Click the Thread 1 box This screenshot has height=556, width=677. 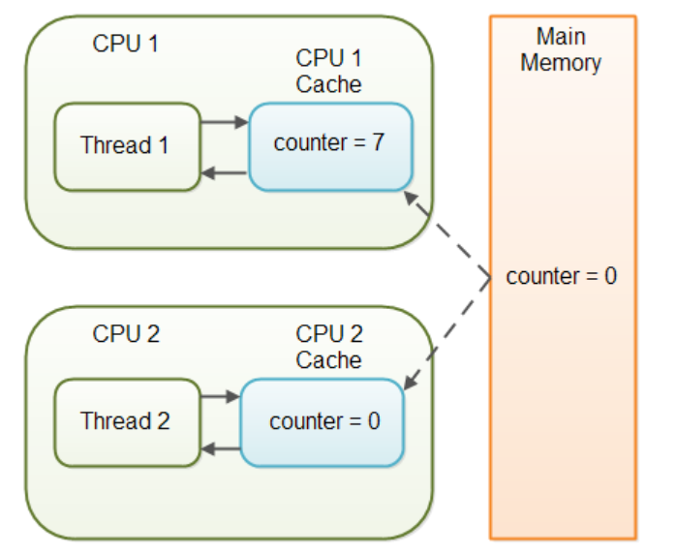click(x=127, y=146)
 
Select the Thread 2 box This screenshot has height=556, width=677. click(x=126, y=421)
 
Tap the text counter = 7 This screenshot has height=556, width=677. click(x=329, y=143)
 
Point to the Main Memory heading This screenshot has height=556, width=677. click(x=561, y=50)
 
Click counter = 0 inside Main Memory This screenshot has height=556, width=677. click(x=561, y=277)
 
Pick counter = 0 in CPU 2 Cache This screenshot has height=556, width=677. click(x=324, y=422)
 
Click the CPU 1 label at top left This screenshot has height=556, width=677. click(x=126, y=44)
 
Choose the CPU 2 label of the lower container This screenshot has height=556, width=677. click(x=126, y=335)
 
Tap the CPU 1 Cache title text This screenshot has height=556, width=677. click(x=329, y=71)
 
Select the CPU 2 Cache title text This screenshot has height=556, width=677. click(x=329, y=348)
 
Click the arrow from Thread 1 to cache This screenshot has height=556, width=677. click(x=225, y=123)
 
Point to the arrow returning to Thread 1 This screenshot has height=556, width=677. click(x=225, y=173)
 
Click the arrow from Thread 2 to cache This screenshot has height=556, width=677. click(x=220, y=396)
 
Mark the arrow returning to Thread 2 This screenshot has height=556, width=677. click(x=220, y=448)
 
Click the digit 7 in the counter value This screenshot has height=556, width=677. click(x=377, y=143)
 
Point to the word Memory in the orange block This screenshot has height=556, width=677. click(x=561, y=64)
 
